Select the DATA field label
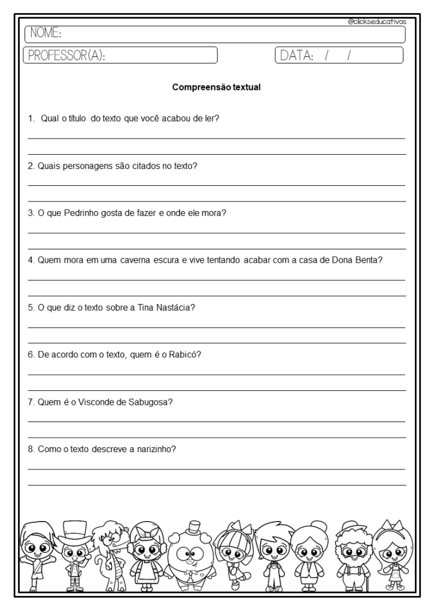tap(296, 56)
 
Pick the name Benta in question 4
tap(370, 260)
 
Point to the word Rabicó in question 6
tap(186, 354)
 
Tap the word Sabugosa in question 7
tap(150, 402)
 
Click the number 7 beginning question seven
tap(31, 402)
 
